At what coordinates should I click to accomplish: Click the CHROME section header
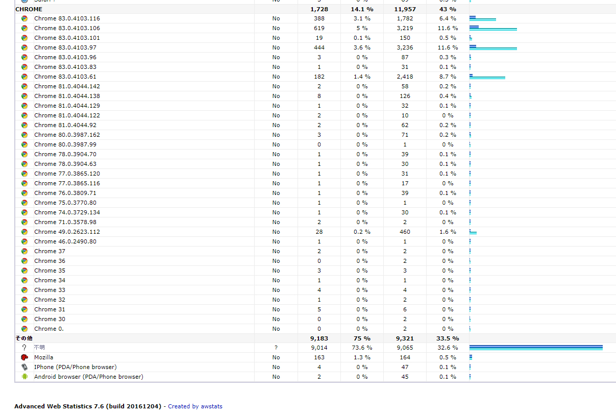[x=29, y=9]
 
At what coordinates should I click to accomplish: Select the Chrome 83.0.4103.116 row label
[x=67, y=18]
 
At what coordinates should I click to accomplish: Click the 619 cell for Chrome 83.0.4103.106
[x=319, y=28]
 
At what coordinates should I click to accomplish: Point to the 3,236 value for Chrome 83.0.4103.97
[x=405, y=47]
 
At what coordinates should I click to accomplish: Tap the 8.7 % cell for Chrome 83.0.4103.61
[x=448, y=77]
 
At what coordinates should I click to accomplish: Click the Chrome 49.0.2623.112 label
[x=67, y=232]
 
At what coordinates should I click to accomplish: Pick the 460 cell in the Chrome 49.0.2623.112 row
[x=405, y=232]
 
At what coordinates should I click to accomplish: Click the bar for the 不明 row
[x=536, y=348]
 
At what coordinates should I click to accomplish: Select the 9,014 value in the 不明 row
[x=319, y=348]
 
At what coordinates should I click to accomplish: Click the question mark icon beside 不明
[x=24, y=348]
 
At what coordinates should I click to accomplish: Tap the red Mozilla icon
[x=24, y=357]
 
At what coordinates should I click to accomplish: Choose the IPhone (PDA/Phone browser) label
[x=75, y=367]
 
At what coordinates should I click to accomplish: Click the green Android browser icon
[x=24, y=377]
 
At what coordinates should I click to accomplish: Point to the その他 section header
[x=24, y=338]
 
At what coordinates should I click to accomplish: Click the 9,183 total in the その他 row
[x=319, y=338]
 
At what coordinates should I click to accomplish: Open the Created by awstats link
[x=195, y=406]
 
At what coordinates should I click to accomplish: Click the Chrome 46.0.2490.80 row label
[x=65, y=241]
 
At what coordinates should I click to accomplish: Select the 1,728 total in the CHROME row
[x=319, y=9]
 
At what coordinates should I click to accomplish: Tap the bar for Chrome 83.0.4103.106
[x=493, y=28]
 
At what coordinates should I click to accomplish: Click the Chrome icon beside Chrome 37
[x=24, y=251]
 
